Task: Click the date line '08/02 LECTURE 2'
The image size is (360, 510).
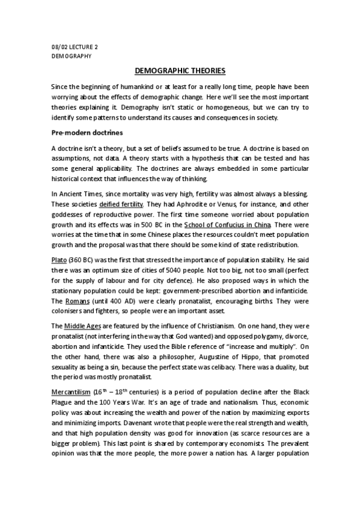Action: (x=73, y=46)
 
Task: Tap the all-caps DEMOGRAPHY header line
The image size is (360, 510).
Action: (x=71, y=55)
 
